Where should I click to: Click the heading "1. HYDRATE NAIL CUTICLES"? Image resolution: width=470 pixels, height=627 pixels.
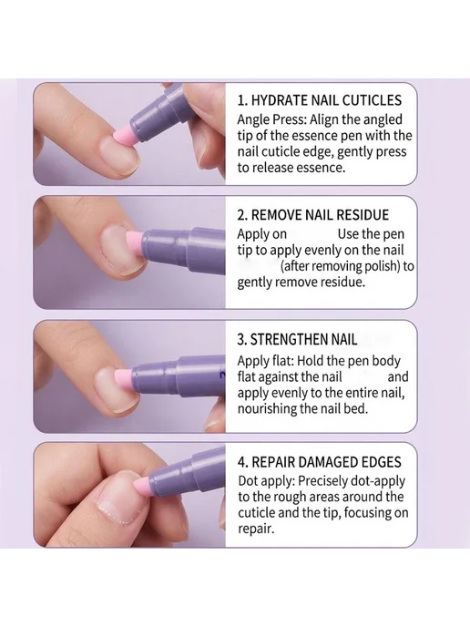coord(320,100)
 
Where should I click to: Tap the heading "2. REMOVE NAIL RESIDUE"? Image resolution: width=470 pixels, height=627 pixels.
coord(313,215)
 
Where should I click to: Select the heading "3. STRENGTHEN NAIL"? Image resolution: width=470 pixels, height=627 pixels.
coord(297,340)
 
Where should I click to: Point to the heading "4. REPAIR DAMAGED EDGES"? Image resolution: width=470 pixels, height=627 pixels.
coord(320,462)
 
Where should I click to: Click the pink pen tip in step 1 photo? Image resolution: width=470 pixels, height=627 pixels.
coord(124,134)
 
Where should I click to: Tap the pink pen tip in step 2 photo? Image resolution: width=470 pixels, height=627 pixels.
coord(134,244)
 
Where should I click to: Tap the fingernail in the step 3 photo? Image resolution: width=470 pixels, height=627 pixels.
coord(114,390)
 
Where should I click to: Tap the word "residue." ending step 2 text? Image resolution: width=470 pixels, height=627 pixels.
coord(340,282)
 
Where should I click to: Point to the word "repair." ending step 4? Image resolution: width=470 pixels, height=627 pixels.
coord(257,529)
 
